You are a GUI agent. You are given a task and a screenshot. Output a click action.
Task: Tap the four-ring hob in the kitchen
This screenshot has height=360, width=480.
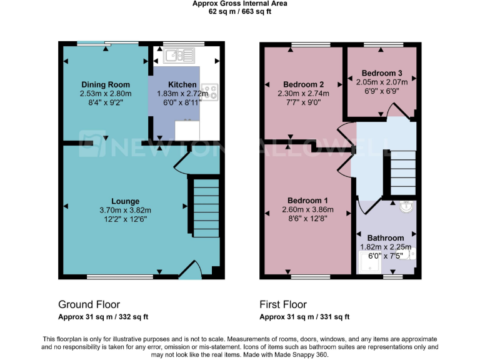click(x=209, y=92)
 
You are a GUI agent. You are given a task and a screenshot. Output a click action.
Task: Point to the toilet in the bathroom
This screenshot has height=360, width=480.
click(x=411, y=254)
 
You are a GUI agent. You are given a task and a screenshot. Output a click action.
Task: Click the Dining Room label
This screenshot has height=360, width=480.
click(x=105, y=85)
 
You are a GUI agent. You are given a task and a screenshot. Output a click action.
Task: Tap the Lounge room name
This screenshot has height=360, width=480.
click(x=125, y=201)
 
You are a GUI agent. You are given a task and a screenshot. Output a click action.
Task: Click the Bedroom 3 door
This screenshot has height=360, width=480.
click(x=396, y=111)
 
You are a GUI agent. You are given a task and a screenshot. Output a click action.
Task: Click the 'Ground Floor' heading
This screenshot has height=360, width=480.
click(x=89, y=304)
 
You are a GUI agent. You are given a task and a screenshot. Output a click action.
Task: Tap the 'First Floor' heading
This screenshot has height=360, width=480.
click(x=283, y=304)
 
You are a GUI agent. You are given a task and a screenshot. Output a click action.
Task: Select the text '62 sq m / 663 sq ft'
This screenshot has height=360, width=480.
click(x=239, y=11)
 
